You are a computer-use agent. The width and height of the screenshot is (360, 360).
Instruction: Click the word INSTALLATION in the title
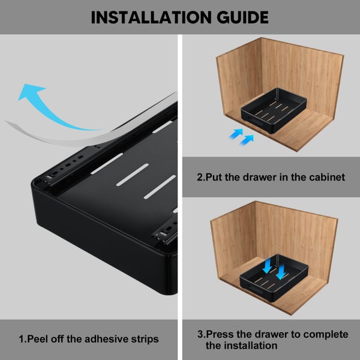151,17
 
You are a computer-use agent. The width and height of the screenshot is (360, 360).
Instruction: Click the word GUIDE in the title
242,17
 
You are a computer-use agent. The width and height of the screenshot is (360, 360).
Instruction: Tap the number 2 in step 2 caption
200,177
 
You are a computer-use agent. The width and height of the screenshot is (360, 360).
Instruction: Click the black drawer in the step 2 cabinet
274,110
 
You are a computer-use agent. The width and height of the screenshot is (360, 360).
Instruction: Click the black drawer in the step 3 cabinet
274,278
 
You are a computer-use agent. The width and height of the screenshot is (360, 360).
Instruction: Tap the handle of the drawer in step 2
256,121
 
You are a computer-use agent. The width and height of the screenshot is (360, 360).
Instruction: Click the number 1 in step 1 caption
21,339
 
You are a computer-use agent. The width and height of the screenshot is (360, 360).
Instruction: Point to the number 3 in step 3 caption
200,334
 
